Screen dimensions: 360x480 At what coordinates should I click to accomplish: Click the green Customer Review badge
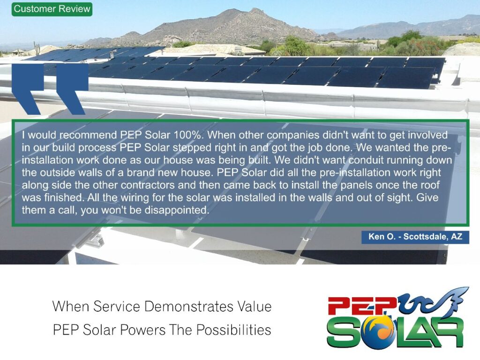(52, 9)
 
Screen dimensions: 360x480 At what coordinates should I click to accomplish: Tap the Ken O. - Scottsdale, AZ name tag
(415, 237)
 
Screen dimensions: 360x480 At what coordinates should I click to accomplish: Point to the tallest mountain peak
(255, 10)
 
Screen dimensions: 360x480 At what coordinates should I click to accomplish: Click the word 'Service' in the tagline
(117, 307)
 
